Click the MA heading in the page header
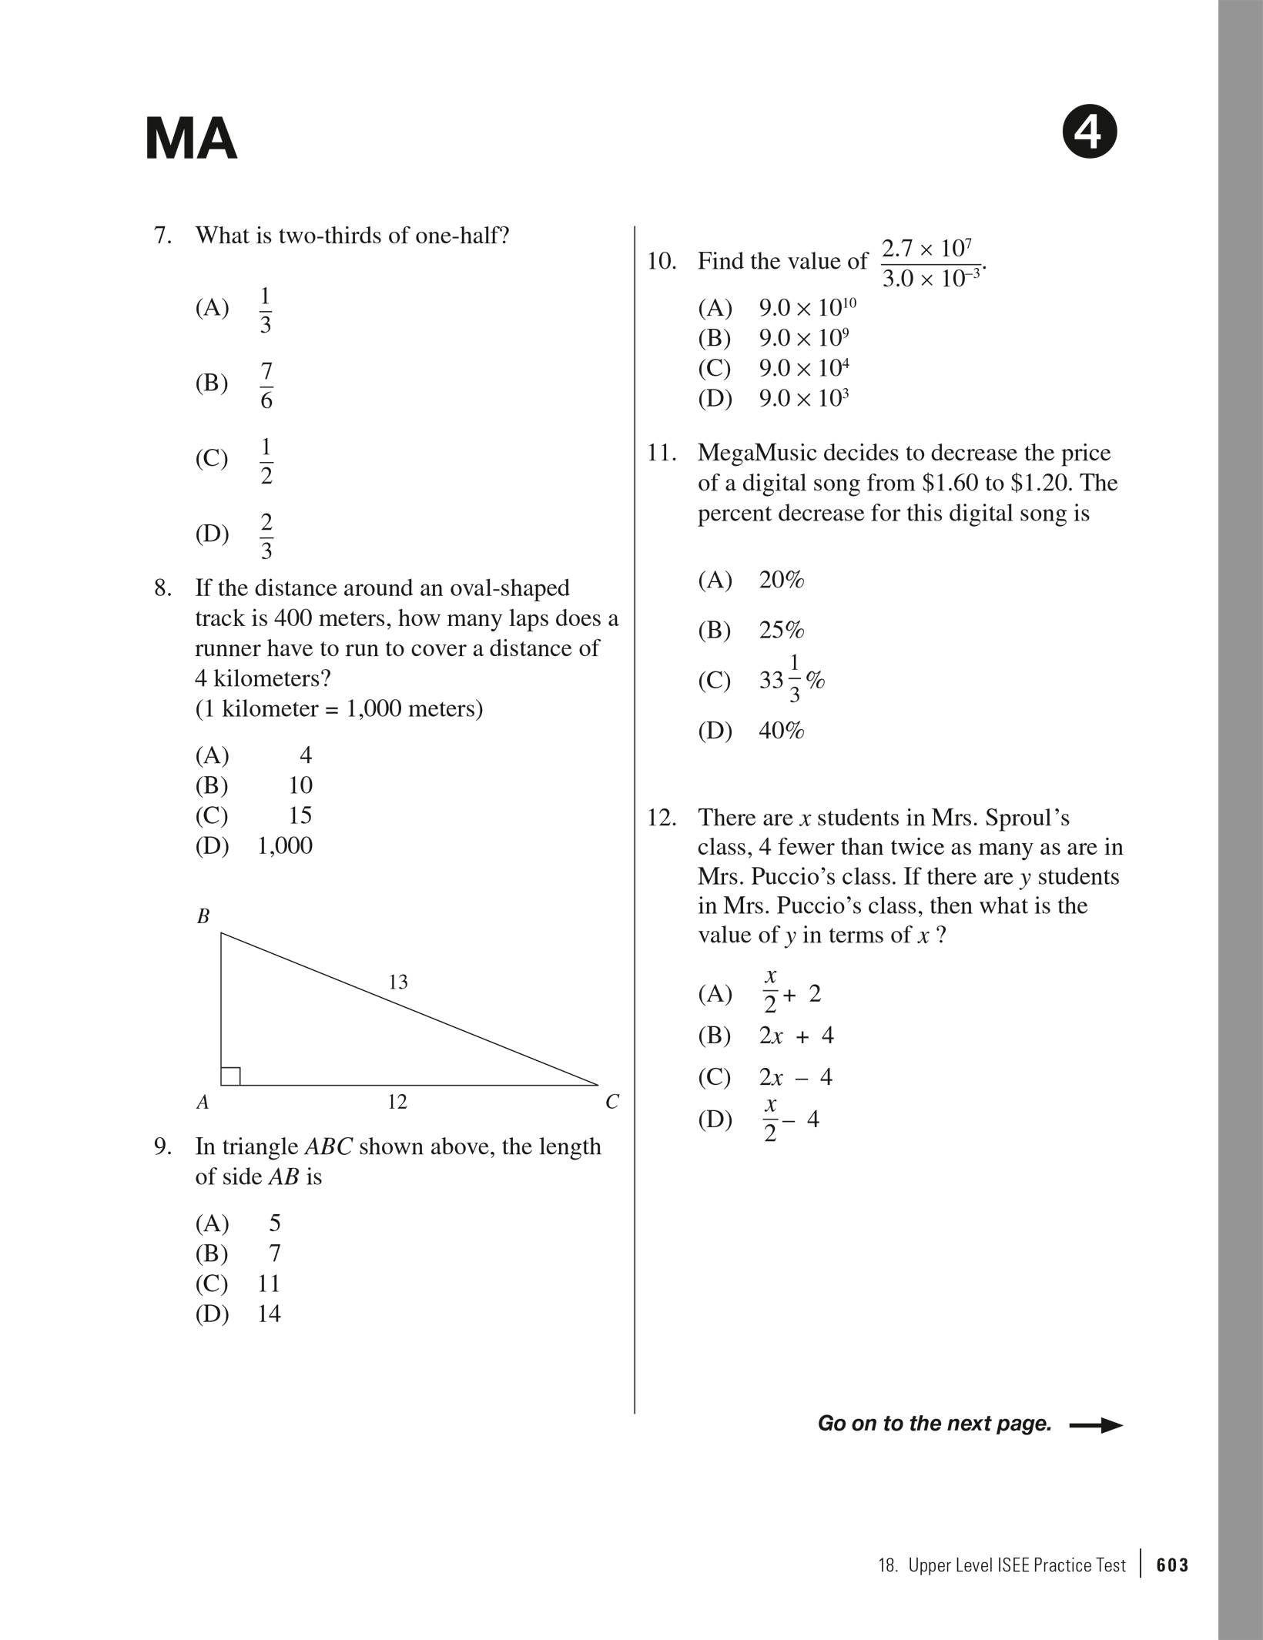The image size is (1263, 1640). click(191, 139)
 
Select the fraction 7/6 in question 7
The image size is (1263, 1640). click(266, 385)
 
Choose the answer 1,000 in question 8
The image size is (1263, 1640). click(285, 845)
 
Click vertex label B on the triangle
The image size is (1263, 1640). click(203, 916)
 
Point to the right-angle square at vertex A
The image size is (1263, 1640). click(230, 1076)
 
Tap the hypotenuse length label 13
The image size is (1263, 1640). click(398, 982)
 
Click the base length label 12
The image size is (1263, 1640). click(397, 1102)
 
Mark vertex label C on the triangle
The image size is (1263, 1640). click(612, 1103)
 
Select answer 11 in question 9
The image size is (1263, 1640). click(269, 1284)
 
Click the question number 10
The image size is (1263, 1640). click(661, 262)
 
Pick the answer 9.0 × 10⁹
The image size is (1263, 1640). click(804, 338)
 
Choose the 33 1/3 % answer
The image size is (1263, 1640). click(792, 680)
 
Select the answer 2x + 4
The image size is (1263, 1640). click(796, 1036)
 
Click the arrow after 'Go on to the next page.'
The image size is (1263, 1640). click(1096, 1425)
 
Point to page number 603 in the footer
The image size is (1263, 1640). click(1172, 1565)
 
